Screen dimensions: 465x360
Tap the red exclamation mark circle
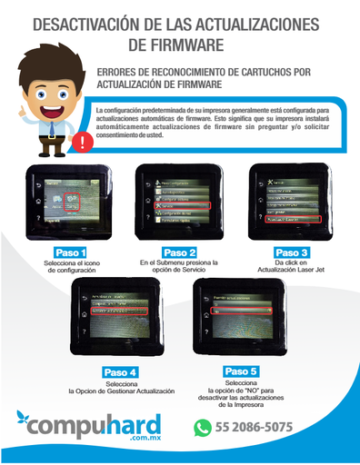pyautogui.click(x=85, y=143)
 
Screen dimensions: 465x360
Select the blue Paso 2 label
pyautogui.click(x=179, y=252)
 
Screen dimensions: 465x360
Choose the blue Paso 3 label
pyautogui.click(x=291, y=252)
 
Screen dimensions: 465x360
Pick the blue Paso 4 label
pyautogui.click(x=120, y=372)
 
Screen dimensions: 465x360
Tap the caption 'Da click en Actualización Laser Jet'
pyautogui.click(x=291, y=267)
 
